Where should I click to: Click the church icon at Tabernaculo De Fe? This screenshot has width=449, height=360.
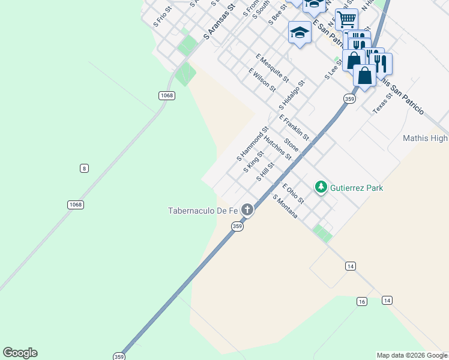point(247,209)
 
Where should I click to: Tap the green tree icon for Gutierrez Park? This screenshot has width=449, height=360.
point(321,188)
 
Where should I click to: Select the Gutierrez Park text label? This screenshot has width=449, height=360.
point(357,188)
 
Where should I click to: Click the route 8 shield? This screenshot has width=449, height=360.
point(84,168)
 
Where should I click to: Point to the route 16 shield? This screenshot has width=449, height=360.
point(361,301)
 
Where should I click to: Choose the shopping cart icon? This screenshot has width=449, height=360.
point(346,19)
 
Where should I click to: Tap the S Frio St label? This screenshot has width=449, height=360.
point(163,17)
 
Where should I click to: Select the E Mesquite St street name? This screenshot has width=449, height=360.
point(272,68)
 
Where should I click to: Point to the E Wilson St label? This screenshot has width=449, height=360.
point(262,80)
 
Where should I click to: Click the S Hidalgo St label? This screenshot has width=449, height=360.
point(292,94)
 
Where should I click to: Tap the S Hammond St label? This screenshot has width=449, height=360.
point(253,144)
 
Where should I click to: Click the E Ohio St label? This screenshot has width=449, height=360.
point(293,193)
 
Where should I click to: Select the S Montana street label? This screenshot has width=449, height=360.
point(285,206)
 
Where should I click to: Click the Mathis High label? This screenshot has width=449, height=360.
point(425,139)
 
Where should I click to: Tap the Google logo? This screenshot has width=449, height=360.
point(20,353)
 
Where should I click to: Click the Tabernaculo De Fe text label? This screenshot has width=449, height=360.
point(203,210)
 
